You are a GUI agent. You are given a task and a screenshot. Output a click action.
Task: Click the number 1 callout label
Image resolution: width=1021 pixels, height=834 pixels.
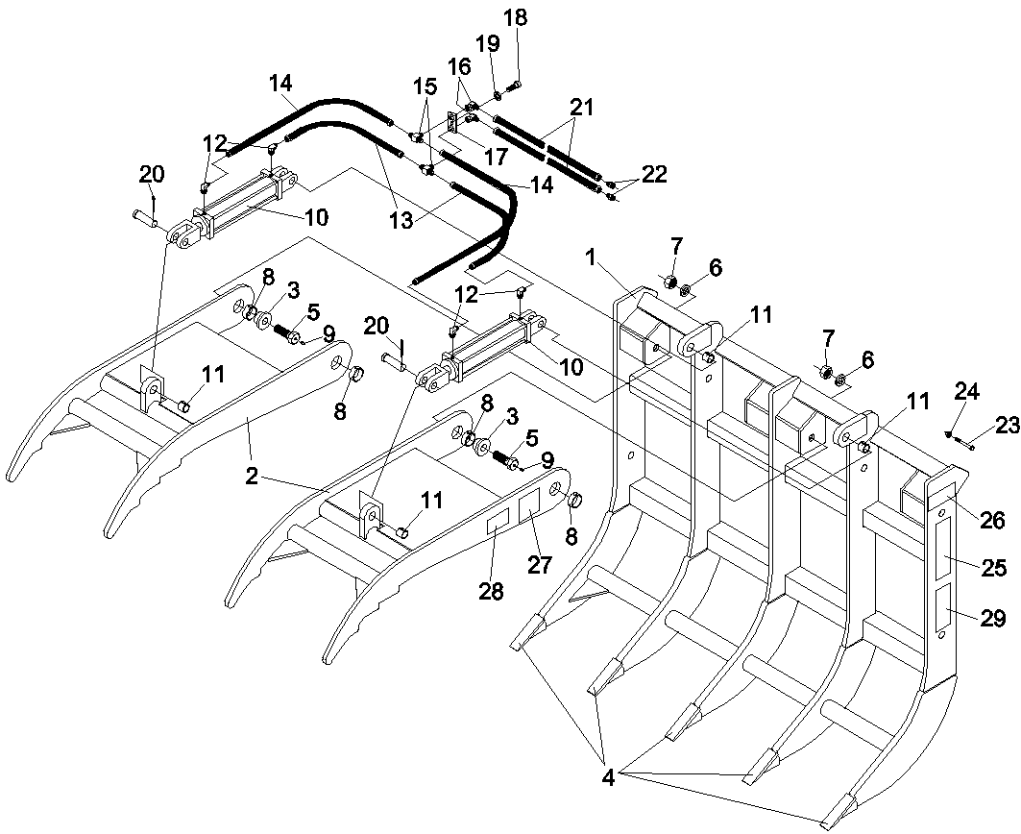tap(593, 258)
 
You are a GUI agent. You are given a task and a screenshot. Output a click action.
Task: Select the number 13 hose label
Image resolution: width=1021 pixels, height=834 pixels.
tap(401, 221)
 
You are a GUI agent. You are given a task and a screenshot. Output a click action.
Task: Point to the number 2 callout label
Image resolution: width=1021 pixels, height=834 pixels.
tap(251, 476)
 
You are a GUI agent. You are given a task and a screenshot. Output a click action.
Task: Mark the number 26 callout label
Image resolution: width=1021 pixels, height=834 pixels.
tap(991, 520)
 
